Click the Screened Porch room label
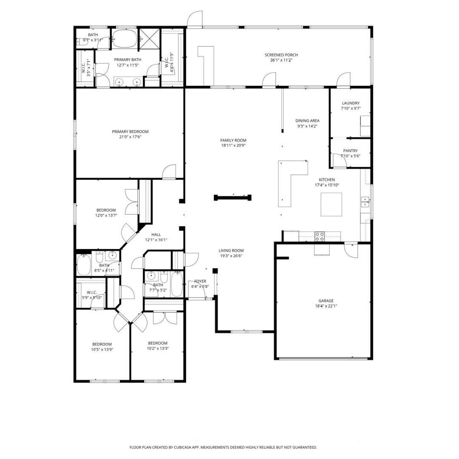tap(281, 55)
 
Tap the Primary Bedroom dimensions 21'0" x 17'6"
tap(130, 137)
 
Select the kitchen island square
tap(331, 204)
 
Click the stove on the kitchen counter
tap(320, 236)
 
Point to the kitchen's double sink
tap(365, 202)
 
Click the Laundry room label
tap(351, 103)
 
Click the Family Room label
tap(233, 140)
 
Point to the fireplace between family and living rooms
tap(233, 197)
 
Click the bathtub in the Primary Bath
tap(125, 39)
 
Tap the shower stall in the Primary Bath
tap(148, 39)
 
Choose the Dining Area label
tap(307, 121)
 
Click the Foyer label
tap(200, 281)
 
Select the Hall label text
tap(156, 234)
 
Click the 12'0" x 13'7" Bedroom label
tap(106, 210)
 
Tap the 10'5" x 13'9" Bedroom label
tap(102, 344)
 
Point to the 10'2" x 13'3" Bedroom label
tap(157, 343)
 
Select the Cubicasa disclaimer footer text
tap(223, 447)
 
